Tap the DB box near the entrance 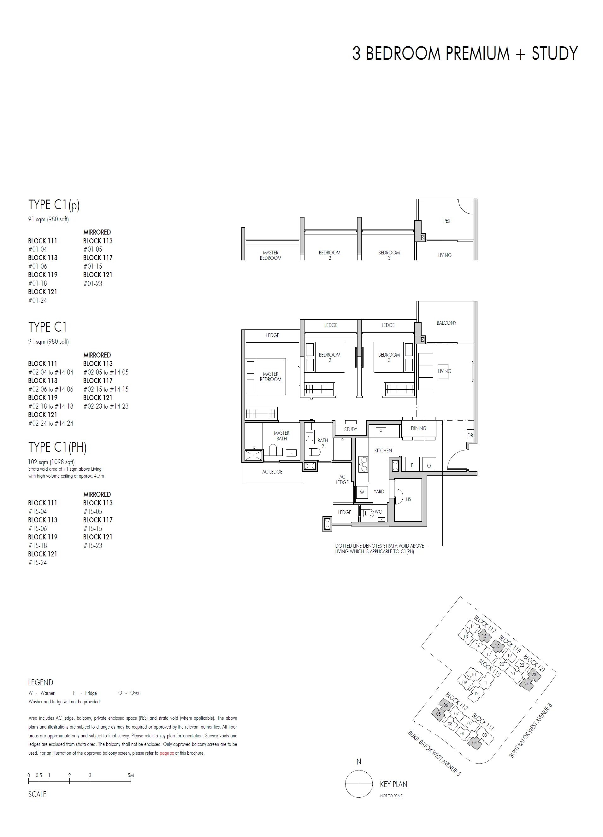(470, 435)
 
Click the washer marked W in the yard (362, 492)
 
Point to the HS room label (408, 499)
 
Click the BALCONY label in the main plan (446, 323)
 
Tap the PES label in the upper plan (446, 221)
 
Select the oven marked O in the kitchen (429, 465)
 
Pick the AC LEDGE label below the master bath (272, 472)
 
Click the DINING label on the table (418, 428)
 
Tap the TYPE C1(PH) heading (57, 447)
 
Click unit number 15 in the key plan (484, 636)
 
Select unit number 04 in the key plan (475, 742)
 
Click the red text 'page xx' (167, 753)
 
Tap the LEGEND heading (41, 683)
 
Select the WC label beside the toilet (378, 512)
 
